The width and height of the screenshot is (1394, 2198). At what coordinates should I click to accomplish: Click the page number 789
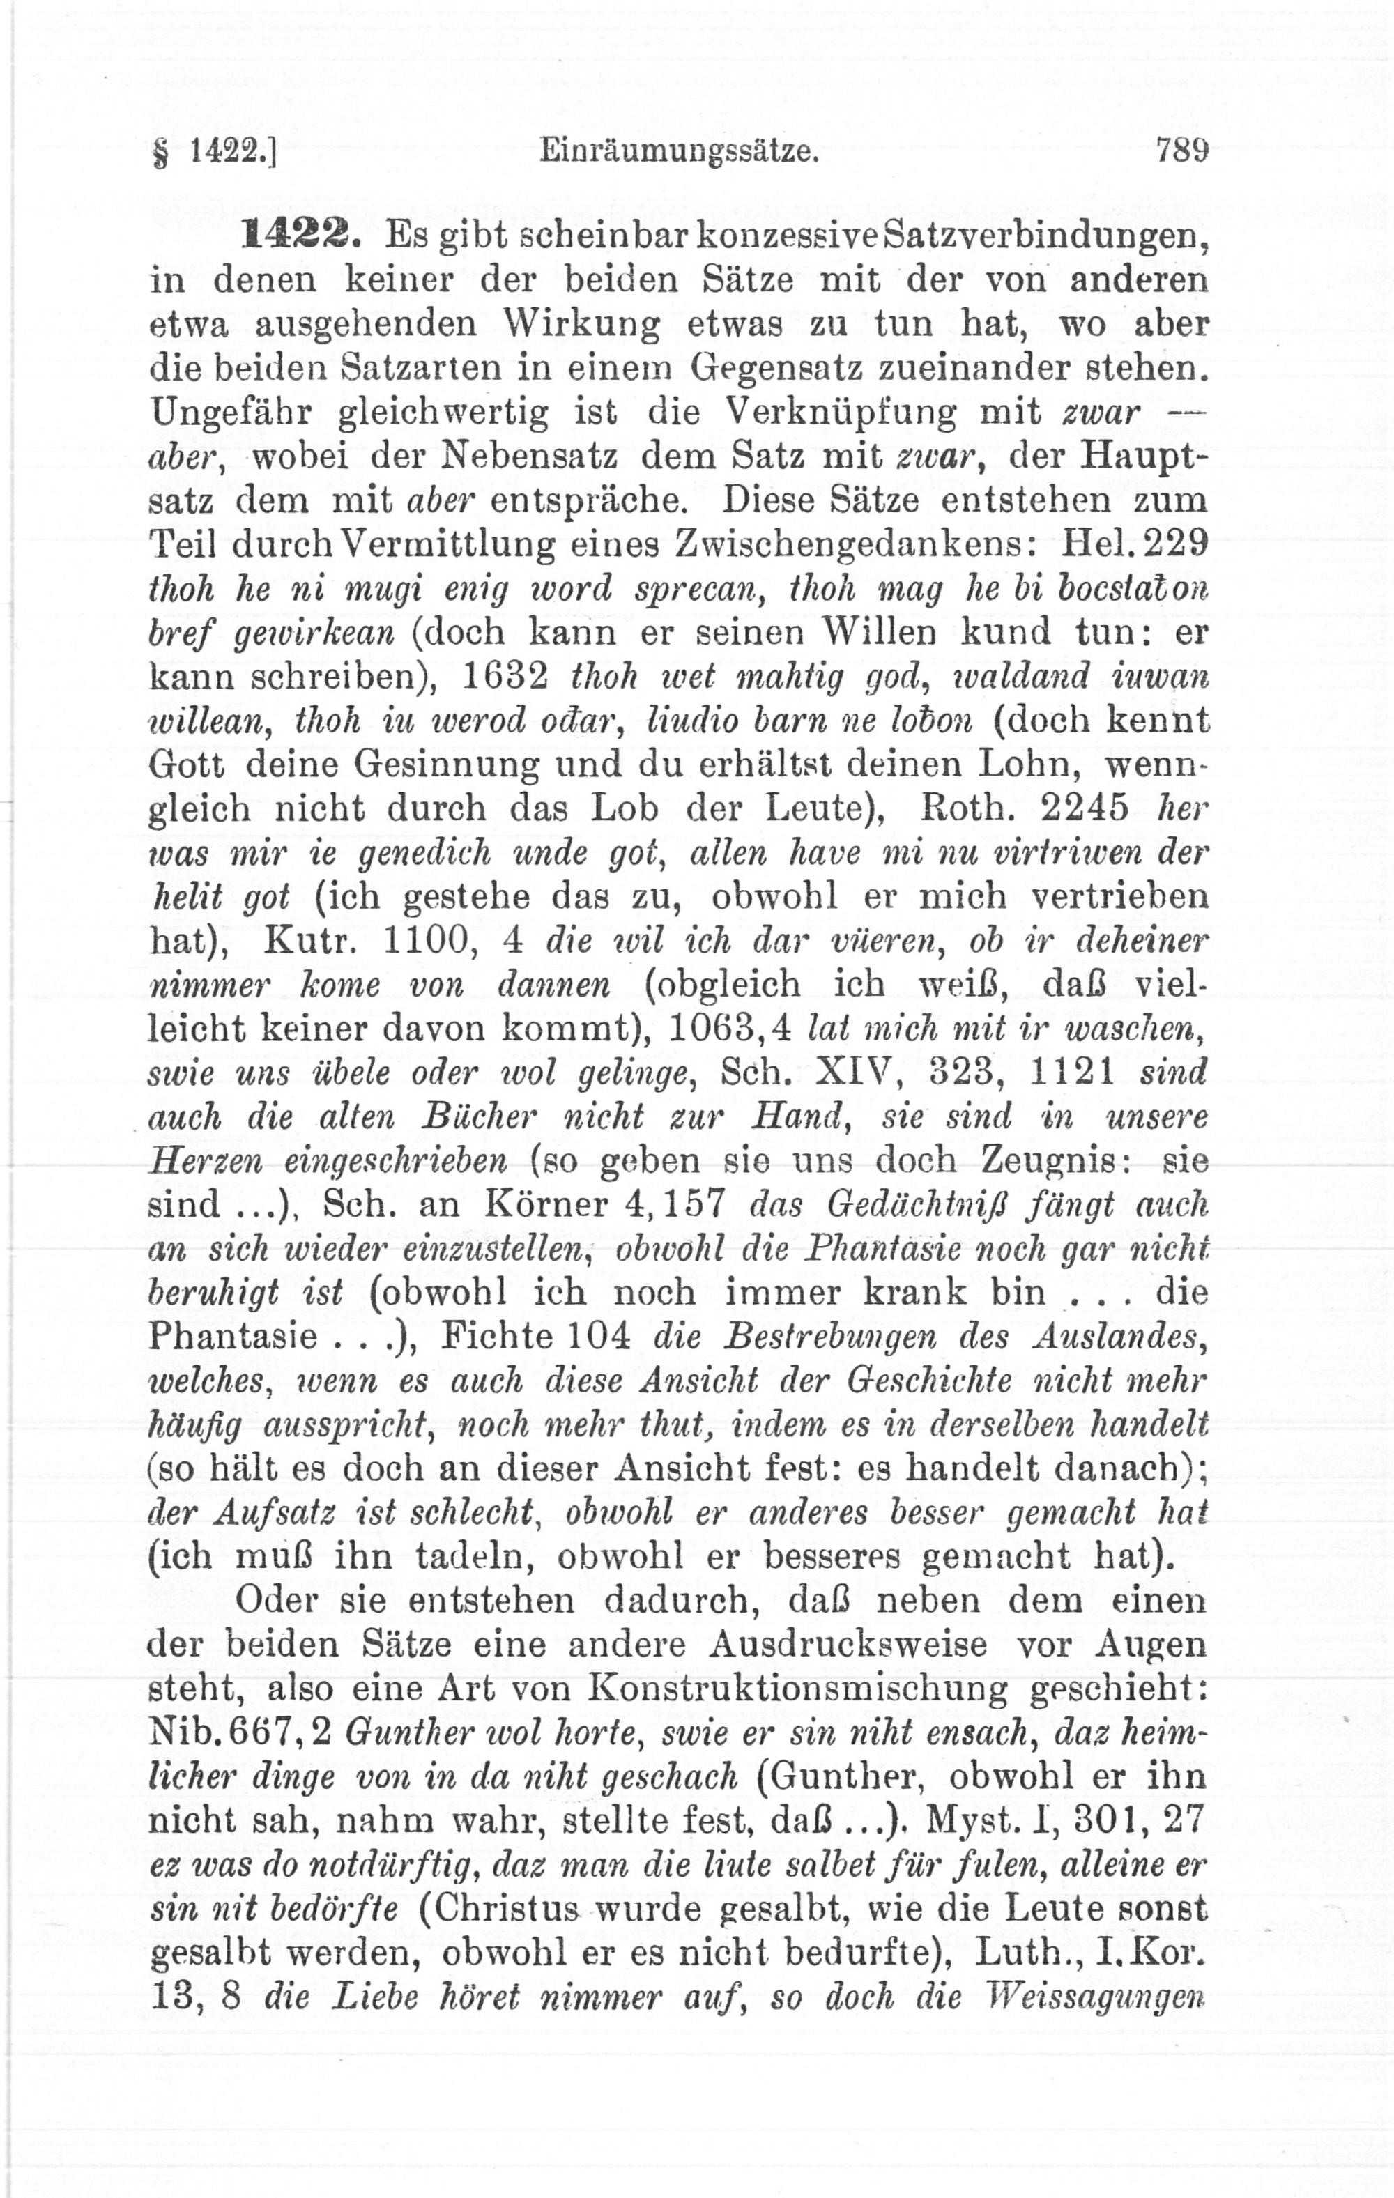pyautogui.click(x=1181, y=148)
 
